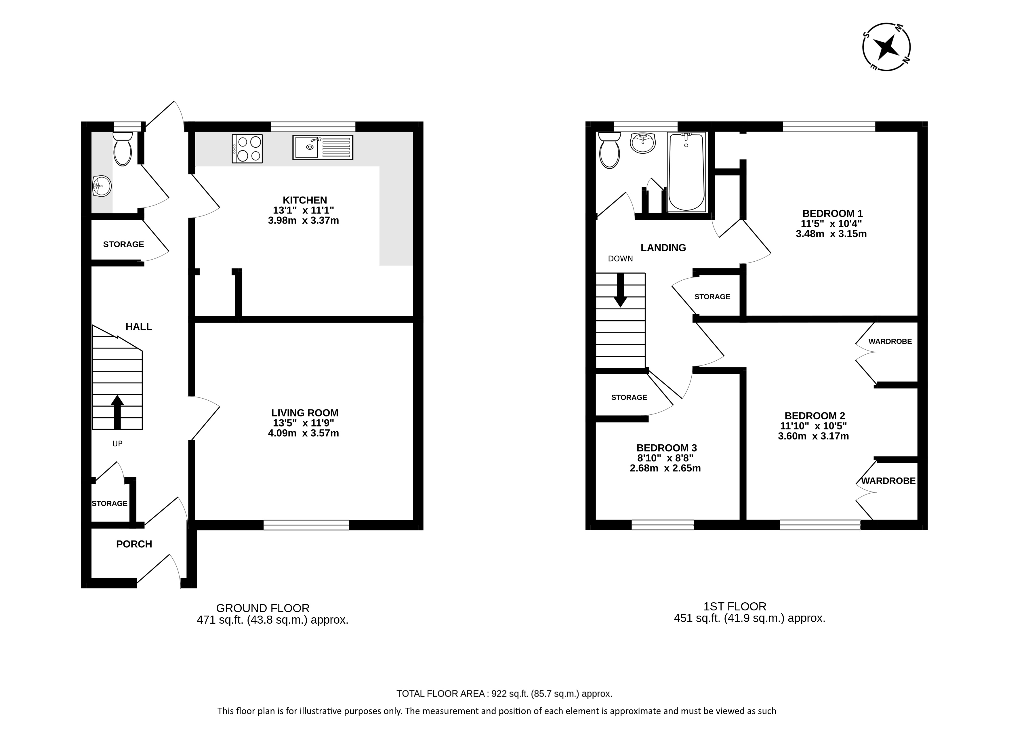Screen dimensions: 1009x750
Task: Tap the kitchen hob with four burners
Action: (x=247, y=149)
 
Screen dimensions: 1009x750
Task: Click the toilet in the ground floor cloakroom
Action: (x=122, y=149)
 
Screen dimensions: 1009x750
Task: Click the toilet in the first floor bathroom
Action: (x=609, y=150)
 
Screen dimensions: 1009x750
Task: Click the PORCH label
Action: (x=134, y=544)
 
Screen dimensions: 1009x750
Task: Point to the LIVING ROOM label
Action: (x=305, y=413)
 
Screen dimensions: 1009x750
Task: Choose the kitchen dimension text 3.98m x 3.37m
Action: (x=303, y=221)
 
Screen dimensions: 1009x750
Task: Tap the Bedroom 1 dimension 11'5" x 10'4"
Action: (x=831, y=223)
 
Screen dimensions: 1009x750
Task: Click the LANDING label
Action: (x=663, y=248)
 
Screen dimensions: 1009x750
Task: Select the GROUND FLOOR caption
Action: (x=263, y=608)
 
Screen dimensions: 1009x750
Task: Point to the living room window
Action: (x=306, y=525)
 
